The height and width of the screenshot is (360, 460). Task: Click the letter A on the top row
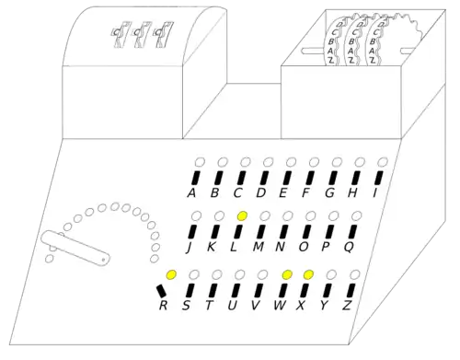click(190, 193)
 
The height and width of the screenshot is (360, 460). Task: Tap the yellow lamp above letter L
click(242, 215)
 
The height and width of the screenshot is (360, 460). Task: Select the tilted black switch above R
click(164, 293)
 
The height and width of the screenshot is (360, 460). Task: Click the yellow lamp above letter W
click(287, 274)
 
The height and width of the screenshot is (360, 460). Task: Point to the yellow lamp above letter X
click(309, 274)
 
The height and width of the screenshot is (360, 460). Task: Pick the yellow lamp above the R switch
click(170, 274)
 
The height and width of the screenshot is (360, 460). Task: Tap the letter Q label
click(349, 248)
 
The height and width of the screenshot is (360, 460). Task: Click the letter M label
click(259, 248)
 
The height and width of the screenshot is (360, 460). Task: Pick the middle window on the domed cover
click(139, 34)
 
